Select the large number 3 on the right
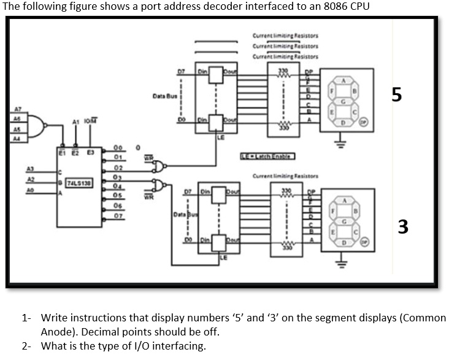[402, 227]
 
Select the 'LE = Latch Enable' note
[266, 158]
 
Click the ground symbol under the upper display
[337, 145]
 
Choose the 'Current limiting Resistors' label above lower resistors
[282, 176]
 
